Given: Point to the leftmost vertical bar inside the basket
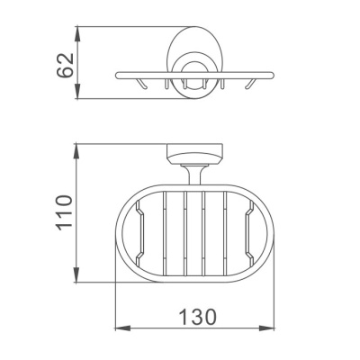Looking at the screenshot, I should (165, 232).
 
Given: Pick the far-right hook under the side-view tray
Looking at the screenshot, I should (249, 86).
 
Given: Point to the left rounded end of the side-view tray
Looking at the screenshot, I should (118, 75).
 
